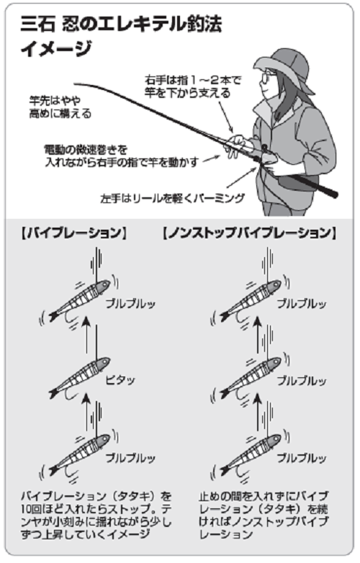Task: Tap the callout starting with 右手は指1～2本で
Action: click(183, 87)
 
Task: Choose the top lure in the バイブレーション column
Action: click(79, 302)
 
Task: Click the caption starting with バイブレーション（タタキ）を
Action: click(93, 515)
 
